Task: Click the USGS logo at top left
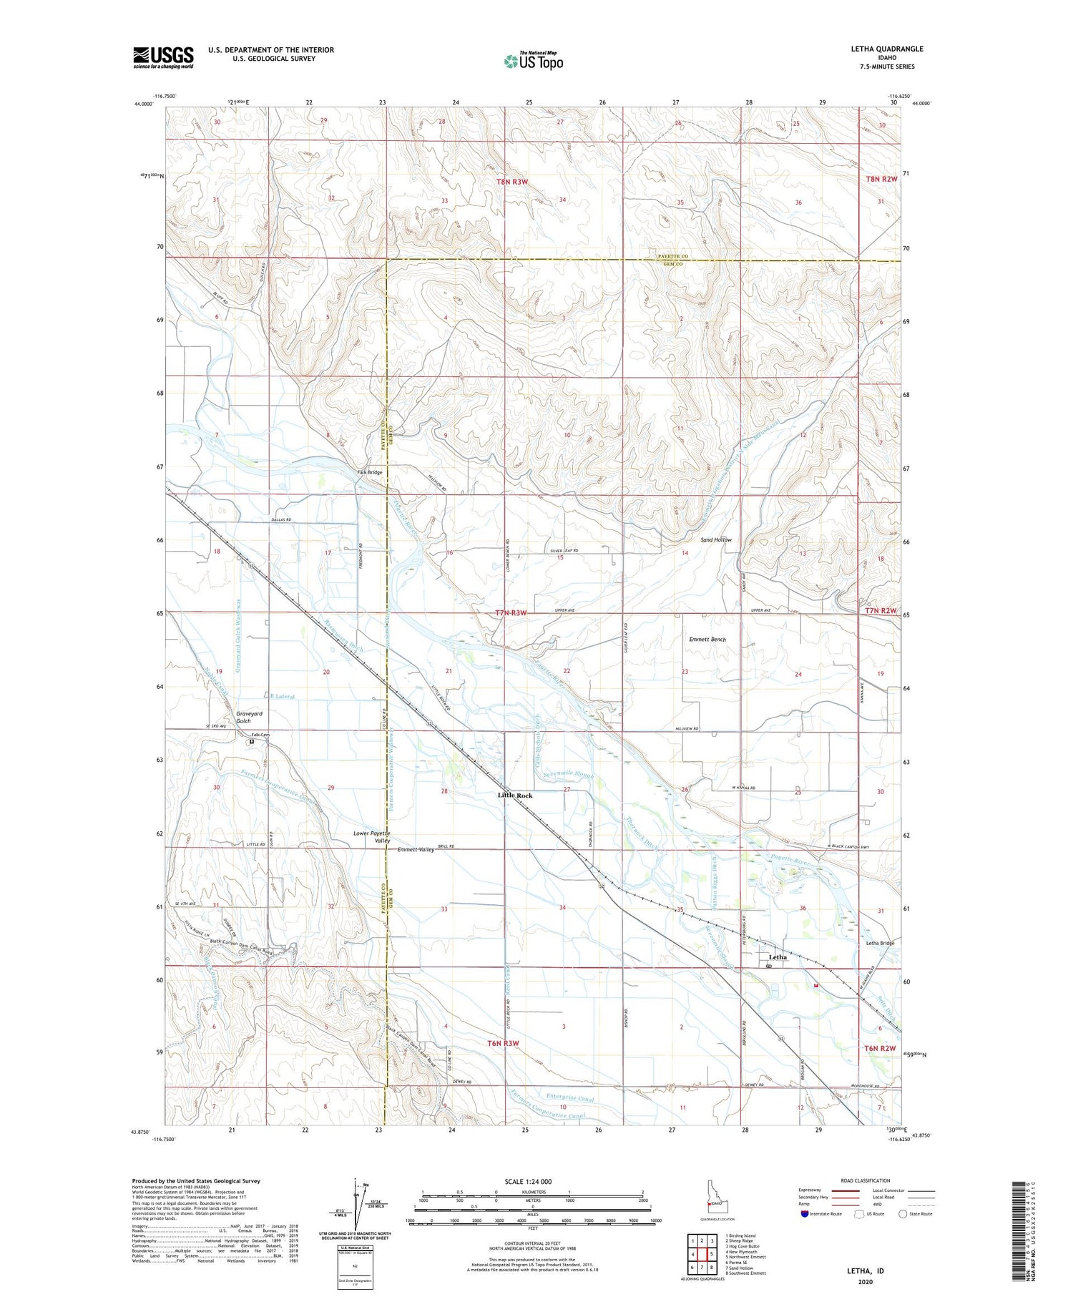click(x=163, y=57)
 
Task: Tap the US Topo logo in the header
click(x=534, y=61)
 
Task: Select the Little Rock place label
click(x=515, y=796)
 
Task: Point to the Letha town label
click(x=778, y=956)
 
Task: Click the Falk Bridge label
click(x=370, y=472)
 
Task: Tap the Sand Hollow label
click(x=715, y=539)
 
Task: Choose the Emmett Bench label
click(x=707, y=639)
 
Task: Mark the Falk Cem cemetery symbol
click(x=252, y=742)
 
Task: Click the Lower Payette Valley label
click(x=372, y=837)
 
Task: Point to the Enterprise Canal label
click(x=569, y=1097)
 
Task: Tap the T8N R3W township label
click(x=512, y=182)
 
